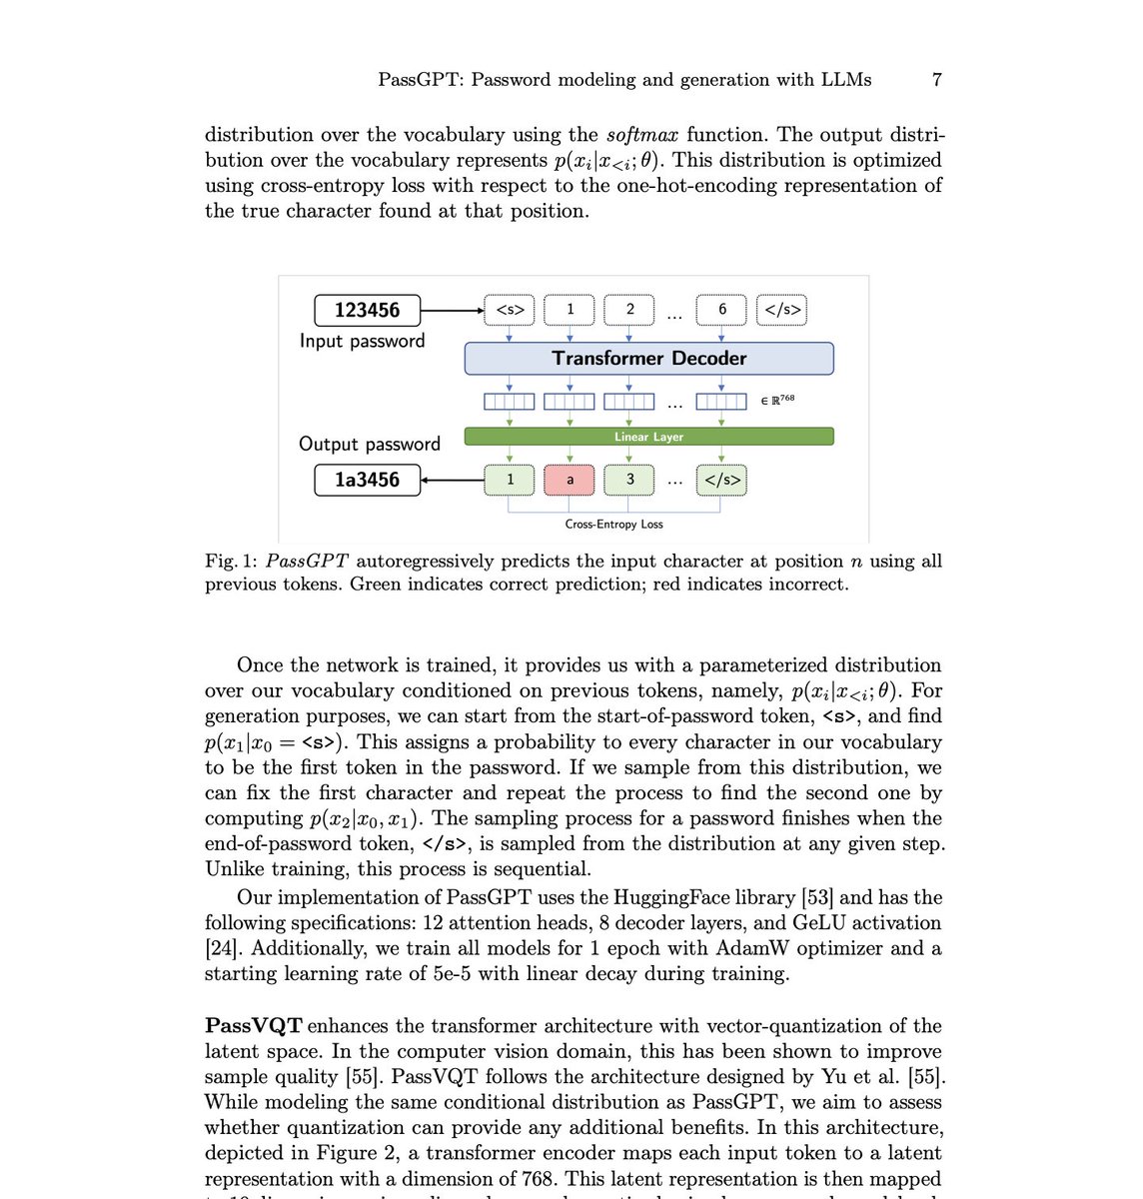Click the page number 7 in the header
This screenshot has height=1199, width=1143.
[x=936, y=79]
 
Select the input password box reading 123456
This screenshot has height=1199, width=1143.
[x=367, y=310]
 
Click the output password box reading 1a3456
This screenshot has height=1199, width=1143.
[x=367, y=480]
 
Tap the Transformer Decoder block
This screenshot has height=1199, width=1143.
[x=648, y=358]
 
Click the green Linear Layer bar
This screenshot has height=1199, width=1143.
[x=648, y=437]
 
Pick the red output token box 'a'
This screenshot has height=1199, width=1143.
[x=570, y=480]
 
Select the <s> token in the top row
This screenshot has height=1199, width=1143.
[x=510, y=310]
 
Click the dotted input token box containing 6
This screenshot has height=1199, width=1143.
[x=721, y=310]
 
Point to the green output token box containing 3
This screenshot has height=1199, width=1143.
[x=629, y=480]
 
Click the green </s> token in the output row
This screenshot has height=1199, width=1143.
[x=721, y=480]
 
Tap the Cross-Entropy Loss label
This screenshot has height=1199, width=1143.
[x=613, y=524]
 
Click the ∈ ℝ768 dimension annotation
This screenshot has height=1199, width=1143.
[x=777, y=400]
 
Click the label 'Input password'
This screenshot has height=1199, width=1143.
[x=362, y=341]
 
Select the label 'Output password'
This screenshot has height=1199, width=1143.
[x=369, y=444]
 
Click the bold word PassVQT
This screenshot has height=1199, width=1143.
[x=253, y=1026]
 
